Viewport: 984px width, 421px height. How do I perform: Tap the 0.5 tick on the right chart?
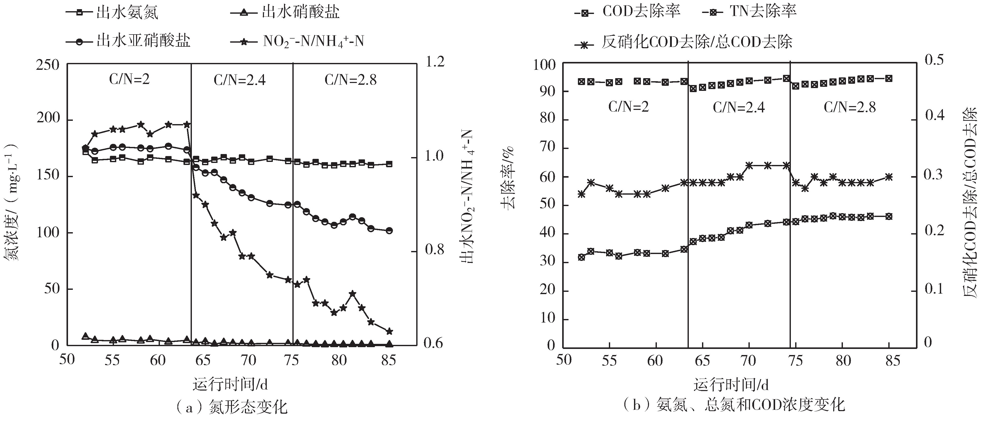(934, 60)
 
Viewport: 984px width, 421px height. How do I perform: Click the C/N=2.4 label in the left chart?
(240, 80)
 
